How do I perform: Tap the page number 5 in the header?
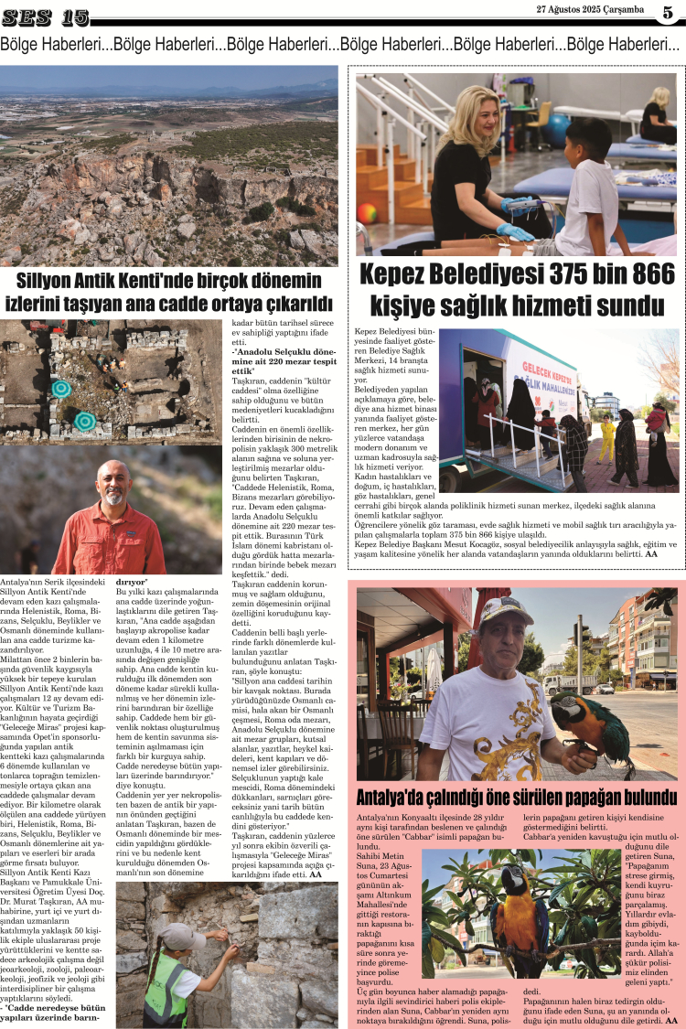(668, 12)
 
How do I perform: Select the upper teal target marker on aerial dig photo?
(61, 388)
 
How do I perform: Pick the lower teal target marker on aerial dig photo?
(85, 421)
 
